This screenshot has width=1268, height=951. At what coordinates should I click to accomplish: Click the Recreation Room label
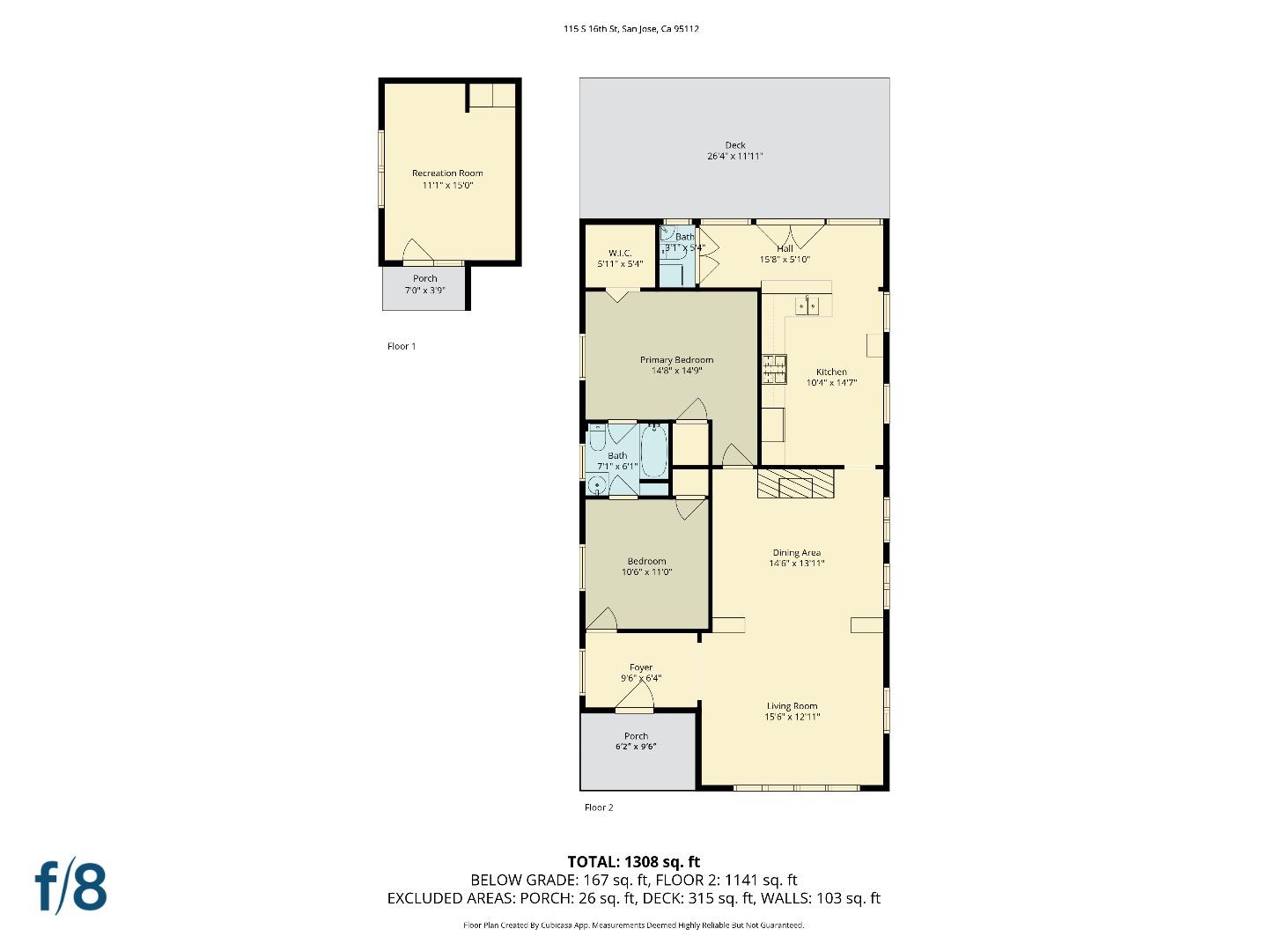[447, 173]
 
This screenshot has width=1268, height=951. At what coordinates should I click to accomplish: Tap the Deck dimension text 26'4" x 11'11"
[734, 157]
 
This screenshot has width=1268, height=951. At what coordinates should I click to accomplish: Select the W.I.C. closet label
[620, 254]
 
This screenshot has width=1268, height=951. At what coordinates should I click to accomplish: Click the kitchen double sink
[807, 306]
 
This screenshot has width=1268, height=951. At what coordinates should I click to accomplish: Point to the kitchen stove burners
[774, 368]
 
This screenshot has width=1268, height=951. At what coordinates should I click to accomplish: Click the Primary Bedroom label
[676, 359]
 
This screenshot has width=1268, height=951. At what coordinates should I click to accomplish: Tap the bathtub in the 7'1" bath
[653, 451]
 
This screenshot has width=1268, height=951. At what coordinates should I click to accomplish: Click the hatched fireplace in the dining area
[795, 484]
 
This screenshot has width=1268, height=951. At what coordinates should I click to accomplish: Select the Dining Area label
[796, 553]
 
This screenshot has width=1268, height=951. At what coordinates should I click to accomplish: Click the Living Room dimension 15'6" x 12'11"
[792, 717]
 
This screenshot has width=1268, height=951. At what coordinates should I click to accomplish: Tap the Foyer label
[641, 667]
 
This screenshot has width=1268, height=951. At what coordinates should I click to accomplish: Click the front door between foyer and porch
[634, 703]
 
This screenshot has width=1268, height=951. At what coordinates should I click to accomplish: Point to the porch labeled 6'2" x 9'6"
[637, 741]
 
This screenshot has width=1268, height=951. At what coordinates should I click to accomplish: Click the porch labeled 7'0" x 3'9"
[425, 284]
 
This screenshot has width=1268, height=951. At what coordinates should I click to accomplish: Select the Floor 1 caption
[402, 346]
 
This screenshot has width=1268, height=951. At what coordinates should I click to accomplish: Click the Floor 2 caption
[599, 807]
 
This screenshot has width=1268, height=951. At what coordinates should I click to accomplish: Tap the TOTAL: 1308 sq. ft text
[633, 861]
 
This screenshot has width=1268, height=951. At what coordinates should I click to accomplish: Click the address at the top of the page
[631, 29]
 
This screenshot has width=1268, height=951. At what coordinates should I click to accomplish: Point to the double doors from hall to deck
[790, 235]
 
